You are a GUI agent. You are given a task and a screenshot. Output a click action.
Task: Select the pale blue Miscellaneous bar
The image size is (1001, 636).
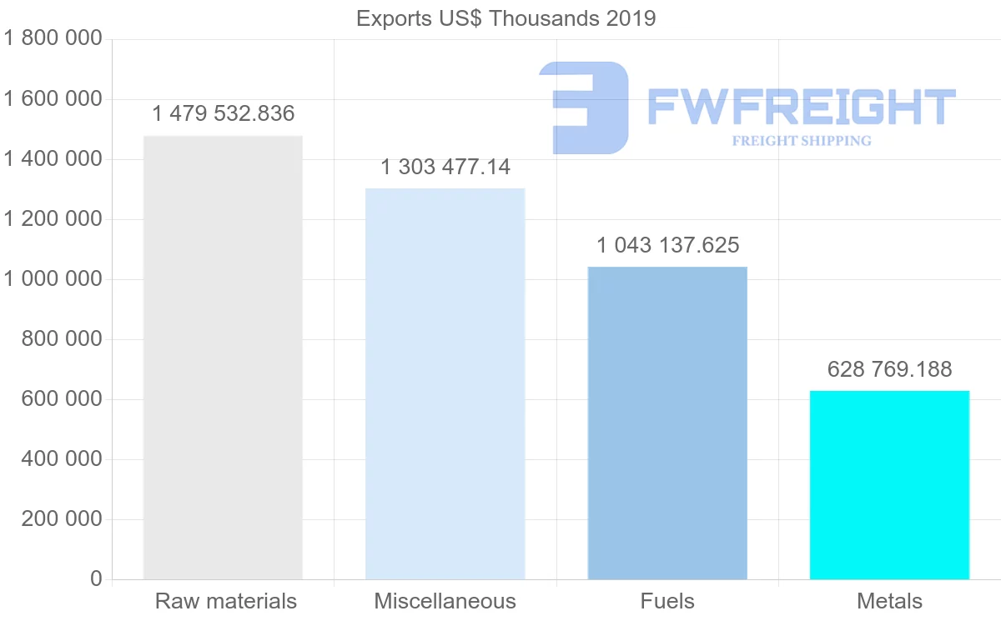pos(445,383)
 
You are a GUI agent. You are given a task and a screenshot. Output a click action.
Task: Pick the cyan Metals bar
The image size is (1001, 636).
pos(889,484)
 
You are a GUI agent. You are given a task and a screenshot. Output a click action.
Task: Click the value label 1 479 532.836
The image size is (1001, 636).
pos(224,113)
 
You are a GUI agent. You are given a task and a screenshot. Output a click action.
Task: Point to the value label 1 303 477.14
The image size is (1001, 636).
pos(445,167)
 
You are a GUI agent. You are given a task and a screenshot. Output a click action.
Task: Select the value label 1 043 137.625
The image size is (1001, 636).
pos(667,245)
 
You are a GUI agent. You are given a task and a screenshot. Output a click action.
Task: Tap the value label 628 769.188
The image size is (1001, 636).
pos(889,369)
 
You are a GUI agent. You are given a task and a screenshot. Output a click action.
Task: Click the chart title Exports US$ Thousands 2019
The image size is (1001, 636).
pos(506,18)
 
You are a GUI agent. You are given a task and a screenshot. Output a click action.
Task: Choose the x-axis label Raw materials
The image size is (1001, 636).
pos(225,601)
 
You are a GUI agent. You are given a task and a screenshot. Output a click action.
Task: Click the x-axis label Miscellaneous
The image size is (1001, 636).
pos(445,601)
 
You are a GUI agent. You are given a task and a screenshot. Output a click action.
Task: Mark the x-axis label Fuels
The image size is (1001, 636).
pos(667,601)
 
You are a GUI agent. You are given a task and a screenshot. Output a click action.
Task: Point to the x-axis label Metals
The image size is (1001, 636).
pos(889,601)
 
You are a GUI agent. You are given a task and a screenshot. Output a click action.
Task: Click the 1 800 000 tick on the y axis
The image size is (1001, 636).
pos(52,38)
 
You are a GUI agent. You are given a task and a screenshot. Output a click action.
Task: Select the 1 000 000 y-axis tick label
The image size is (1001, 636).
pos(52,279)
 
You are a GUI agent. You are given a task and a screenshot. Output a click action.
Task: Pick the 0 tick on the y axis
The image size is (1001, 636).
pos(96,579)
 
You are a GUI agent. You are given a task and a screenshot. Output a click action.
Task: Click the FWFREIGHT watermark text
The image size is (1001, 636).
pos(801,107)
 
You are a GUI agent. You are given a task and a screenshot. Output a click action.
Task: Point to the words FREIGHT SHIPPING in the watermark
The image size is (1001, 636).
pos(801,141)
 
